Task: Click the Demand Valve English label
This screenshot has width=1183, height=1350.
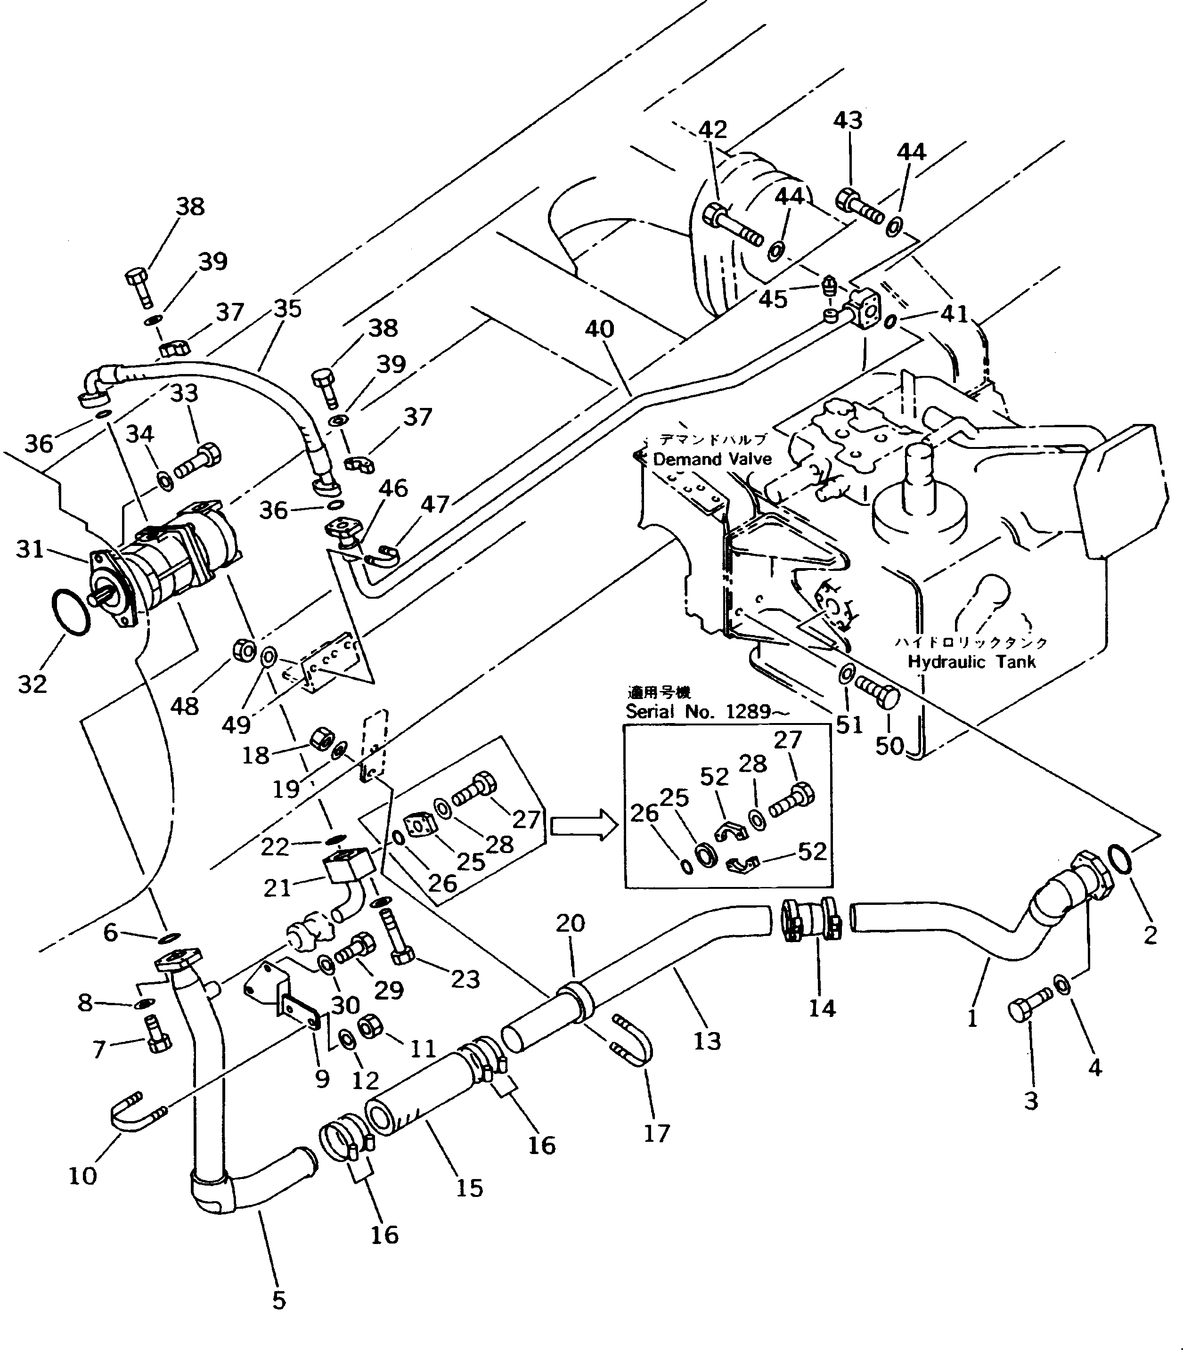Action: (712, 459)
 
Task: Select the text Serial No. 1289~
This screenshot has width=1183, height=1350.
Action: (707, 712)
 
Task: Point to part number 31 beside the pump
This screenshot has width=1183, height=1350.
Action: (30, 549)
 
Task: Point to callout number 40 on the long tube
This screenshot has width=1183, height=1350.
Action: (599, 329)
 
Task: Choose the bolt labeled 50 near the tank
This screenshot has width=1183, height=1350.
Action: (879, 695)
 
